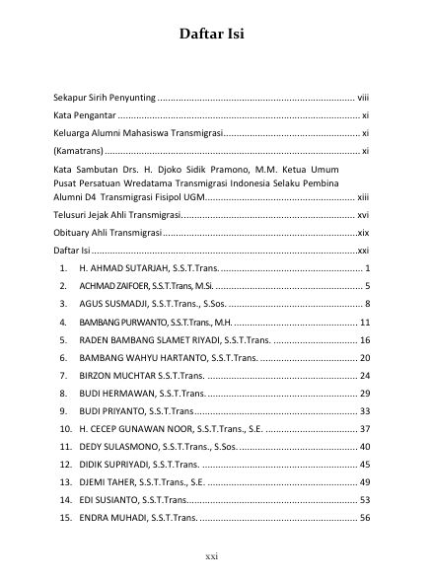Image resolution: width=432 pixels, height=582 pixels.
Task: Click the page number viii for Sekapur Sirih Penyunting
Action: point(362,100)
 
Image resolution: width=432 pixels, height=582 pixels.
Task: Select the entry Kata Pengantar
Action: point(82,116)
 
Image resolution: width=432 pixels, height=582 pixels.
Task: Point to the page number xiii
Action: point(362,196)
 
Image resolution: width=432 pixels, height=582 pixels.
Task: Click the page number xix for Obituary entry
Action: point(362,233)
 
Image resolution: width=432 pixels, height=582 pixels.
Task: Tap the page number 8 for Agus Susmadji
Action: point(366,304)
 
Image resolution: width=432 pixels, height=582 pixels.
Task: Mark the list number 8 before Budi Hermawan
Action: point(62,394)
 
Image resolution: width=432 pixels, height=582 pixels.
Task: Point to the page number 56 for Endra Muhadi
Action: point(364,518)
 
